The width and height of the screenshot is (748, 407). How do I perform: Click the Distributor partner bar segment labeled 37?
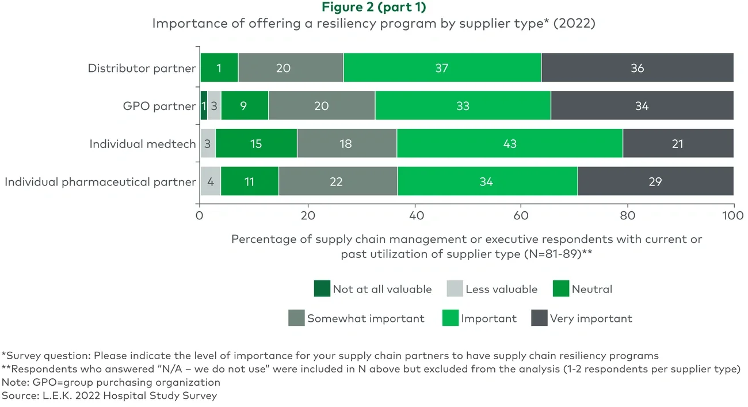[442, 68]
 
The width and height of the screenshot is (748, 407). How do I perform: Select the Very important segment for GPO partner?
[642, 106]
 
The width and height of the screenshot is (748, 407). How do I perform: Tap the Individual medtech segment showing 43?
[509, 143]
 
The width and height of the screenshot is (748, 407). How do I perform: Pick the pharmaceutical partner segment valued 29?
[655, 181]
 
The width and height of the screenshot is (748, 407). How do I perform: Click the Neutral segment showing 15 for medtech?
[256, 143]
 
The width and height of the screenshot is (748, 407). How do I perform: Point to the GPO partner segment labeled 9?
[244, 106]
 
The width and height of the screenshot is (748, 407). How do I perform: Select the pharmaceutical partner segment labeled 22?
[337, 181]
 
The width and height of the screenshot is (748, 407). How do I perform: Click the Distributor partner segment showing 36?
[637, 68]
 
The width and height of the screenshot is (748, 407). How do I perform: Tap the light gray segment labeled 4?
[211, 181]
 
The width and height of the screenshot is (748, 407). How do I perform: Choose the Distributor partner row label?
[142, 68]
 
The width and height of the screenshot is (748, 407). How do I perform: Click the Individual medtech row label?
[143, 143]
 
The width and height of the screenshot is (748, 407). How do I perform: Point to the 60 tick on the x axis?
[520, 215]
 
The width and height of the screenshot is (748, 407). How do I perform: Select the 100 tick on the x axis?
[733, 215]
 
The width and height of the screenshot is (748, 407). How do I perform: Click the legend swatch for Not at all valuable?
[322, 288]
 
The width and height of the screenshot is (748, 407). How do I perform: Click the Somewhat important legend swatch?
[296, 318]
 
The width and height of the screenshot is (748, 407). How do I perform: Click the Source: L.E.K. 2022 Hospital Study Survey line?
[109, 395]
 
